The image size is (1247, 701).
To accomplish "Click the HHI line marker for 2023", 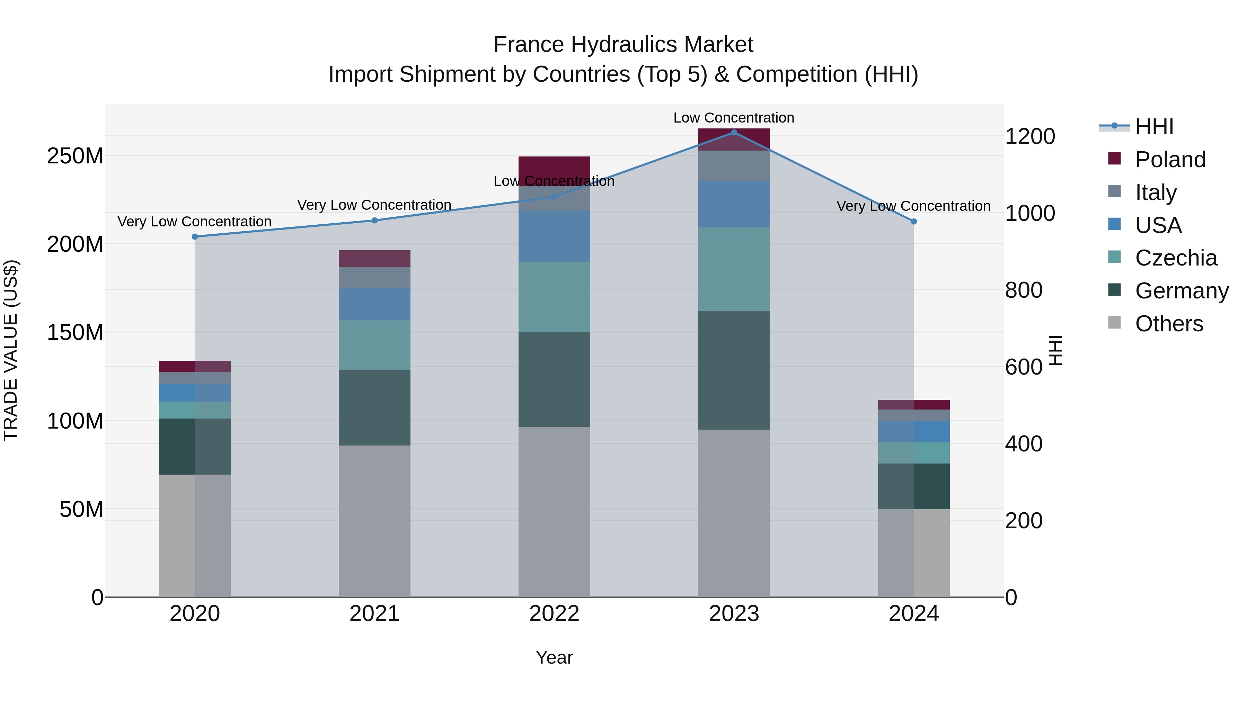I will click(x=734, y=133).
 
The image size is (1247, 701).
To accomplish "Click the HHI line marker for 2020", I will click(x=195, y=236).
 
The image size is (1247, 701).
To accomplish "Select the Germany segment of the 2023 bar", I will click(x=734, y=370).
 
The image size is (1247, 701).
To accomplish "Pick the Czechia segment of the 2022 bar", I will click(x=554, y=297).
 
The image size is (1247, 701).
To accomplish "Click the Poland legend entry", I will click(x=1170, y=160).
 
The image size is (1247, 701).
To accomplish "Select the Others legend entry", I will click(x=1169, y=324).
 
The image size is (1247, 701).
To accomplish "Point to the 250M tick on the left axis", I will click(x=75, y=156).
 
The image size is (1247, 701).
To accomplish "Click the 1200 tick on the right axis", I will click(x=1030, y=136).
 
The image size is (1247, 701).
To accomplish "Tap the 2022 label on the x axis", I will click(x=554, y=614).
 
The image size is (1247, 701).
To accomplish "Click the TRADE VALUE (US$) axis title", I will click(x=11, y=350).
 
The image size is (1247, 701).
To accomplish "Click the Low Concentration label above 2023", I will click(x=734, y=118).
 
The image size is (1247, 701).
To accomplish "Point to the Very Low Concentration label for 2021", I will click(x=374, y=205).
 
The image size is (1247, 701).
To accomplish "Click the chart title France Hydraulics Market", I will click(x=623, y=45).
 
